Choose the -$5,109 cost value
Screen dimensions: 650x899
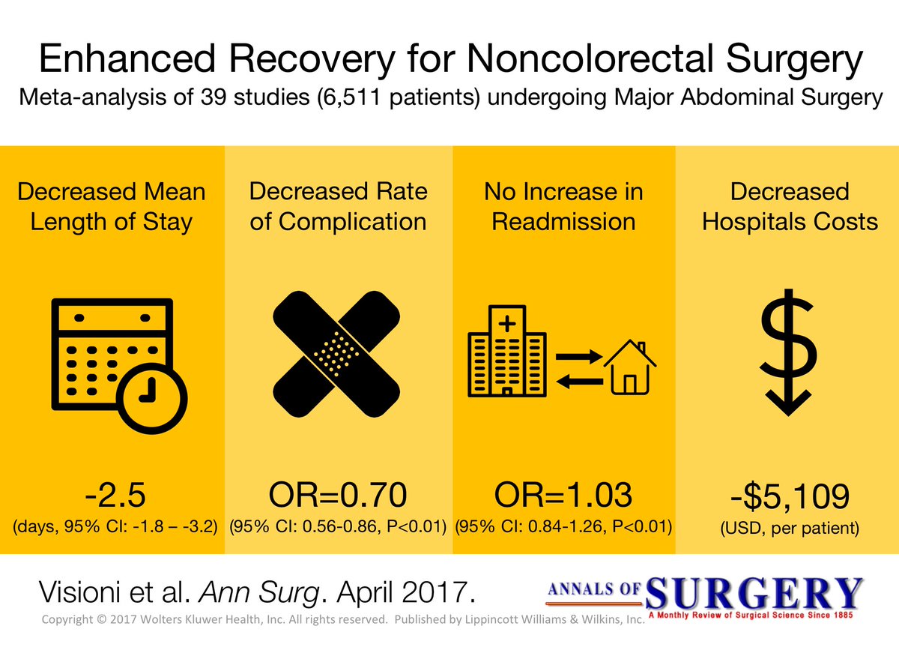click(x=788, y=497)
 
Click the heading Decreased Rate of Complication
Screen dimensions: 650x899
click(x=338, y=206)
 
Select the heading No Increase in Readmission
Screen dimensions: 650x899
click(x=563, y=206)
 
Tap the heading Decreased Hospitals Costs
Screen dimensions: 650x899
click(x=789, y=206)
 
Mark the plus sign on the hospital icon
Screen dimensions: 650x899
click(x=507, y=324)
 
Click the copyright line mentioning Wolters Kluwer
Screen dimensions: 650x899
click(x=342, y=621)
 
